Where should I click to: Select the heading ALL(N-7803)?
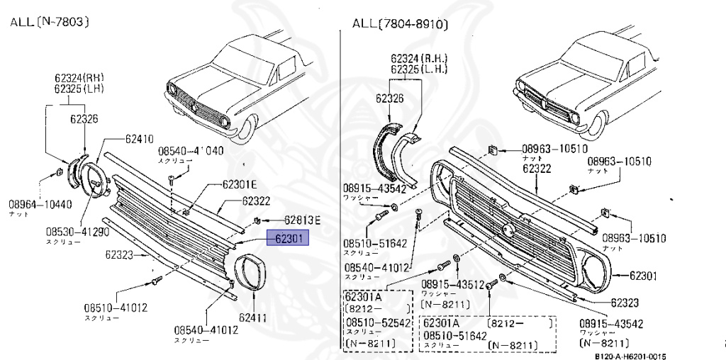pyautogui.click(x=49, y=22)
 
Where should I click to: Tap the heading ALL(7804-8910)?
pyautogui.click(x=401, y=25)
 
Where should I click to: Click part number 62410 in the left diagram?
pyautogui.click(x=139, y=139)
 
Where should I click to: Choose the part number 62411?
pyautogui.click(x=252, y=317)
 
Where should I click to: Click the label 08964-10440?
pyautogui.click(x=40, y=204)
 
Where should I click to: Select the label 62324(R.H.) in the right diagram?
pyautogui.click(x=418, y=58)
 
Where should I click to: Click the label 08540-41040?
pyautogui.click(x=191, y=151)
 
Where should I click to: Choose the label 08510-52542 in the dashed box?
pyautogui.click(x=378, y=322)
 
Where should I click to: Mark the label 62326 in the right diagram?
pyautogui.click(x=389, y=99)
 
